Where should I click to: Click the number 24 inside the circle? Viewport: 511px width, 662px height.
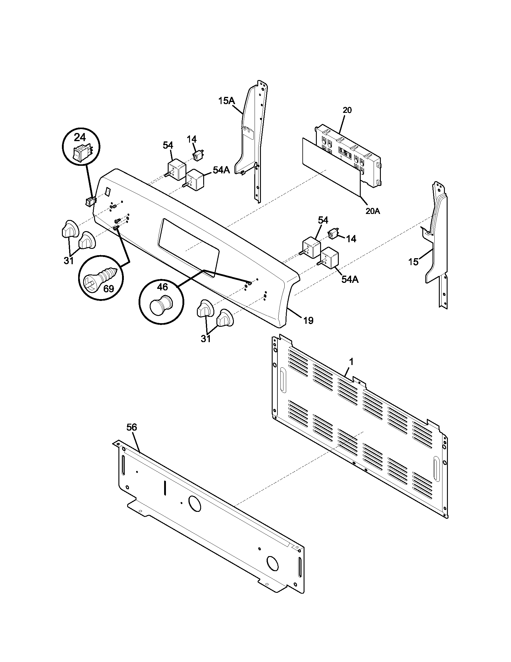click(80, 138)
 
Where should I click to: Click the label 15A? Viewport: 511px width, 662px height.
click(226, 101)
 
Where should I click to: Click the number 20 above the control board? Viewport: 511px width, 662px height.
click(347, 110)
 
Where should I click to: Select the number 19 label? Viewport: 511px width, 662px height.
click(308, 320)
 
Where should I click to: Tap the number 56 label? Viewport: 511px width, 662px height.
click(132, 427)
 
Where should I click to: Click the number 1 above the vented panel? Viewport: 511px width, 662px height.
click(351, 362)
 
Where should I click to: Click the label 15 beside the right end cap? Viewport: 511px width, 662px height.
click(414, 262)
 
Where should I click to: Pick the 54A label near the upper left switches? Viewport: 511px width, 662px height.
click(221, 170)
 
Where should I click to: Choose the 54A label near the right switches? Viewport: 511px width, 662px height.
click(350, 280)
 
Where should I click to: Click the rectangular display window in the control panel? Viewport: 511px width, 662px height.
click(189, 248)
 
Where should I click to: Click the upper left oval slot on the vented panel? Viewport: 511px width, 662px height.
click(283, 381)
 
